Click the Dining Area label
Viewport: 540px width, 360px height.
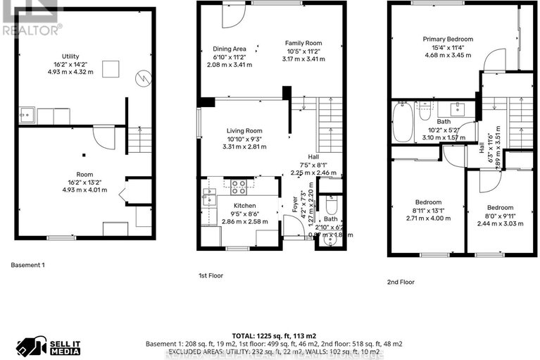(x=230, y=49)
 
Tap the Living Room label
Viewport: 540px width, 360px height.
(x=244, y=130)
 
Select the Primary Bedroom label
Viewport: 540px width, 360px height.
(x=448, y=39)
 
